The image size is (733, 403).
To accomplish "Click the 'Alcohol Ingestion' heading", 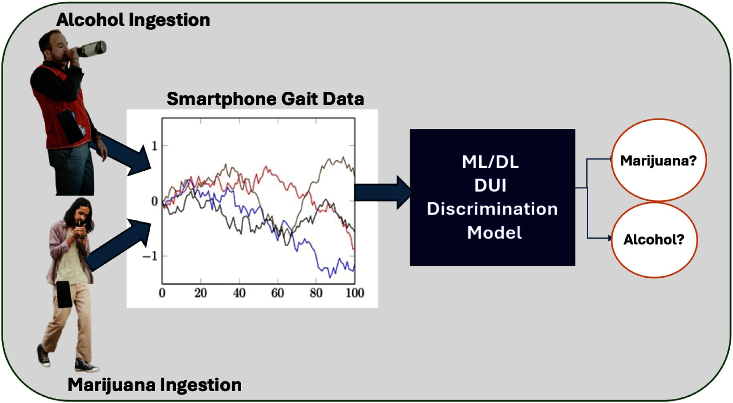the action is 133,21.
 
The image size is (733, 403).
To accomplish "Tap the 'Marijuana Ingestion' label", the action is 155,385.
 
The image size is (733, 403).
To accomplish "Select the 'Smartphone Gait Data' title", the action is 265,99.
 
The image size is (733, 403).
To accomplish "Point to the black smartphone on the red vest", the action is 70,127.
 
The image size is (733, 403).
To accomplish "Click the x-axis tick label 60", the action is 277,293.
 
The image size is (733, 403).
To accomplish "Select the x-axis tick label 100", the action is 355,293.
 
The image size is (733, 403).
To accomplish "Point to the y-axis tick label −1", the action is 150,256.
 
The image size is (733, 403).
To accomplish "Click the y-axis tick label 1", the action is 154,146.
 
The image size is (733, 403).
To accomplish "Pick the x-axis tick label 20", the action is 200,293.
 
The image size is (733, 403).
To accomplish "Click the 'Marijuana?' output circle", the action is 659,160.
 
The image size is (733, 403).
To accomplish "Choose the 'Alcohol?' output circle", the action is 654,240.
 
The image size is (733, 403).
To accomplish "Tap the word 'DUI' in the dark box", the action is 490,185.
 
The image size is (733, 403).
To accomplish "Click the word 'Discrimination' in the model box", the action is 492,209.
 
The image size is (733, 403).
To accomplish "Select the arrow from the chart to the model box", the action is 384,193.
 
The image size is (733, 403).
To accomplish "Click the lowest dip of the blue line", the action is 330,277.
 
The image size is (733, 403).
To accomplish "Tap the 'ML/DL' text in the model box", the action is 490,162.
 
